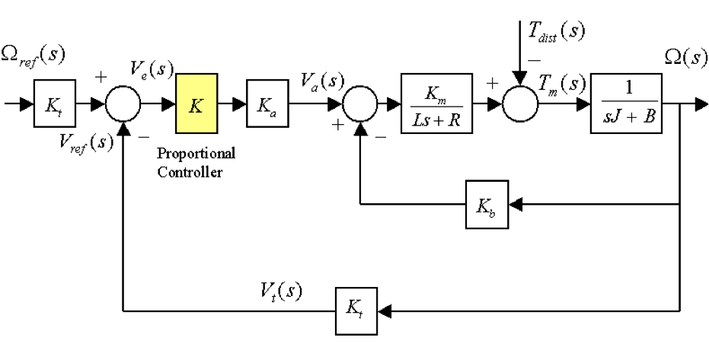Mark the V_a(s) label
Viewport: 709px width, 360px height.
click(x=323, y=78)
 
